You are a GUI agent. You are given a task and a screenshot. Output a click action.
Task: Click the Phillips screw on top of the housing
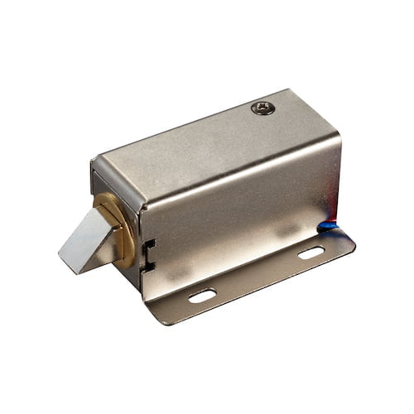tap(263, 108)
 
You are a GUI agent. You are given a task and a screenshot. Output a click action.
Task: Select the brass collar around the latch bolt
tap(123, 225)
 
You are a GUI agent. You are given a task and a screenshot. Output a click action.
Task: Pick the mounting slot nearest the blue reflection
tap(311, 253)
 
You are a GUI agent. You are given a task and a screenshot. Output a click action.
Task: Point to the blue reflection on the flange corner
tap(335, 225)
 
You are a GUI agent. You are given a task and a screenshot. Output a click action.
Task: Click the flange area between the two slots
tap(257, 273)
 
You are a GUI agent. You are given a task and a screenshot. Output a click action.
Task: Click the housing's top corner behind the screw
tap(286, 90)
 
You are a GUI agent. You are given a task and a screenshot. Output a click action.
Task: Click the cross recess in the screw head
tap(263, 108)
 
